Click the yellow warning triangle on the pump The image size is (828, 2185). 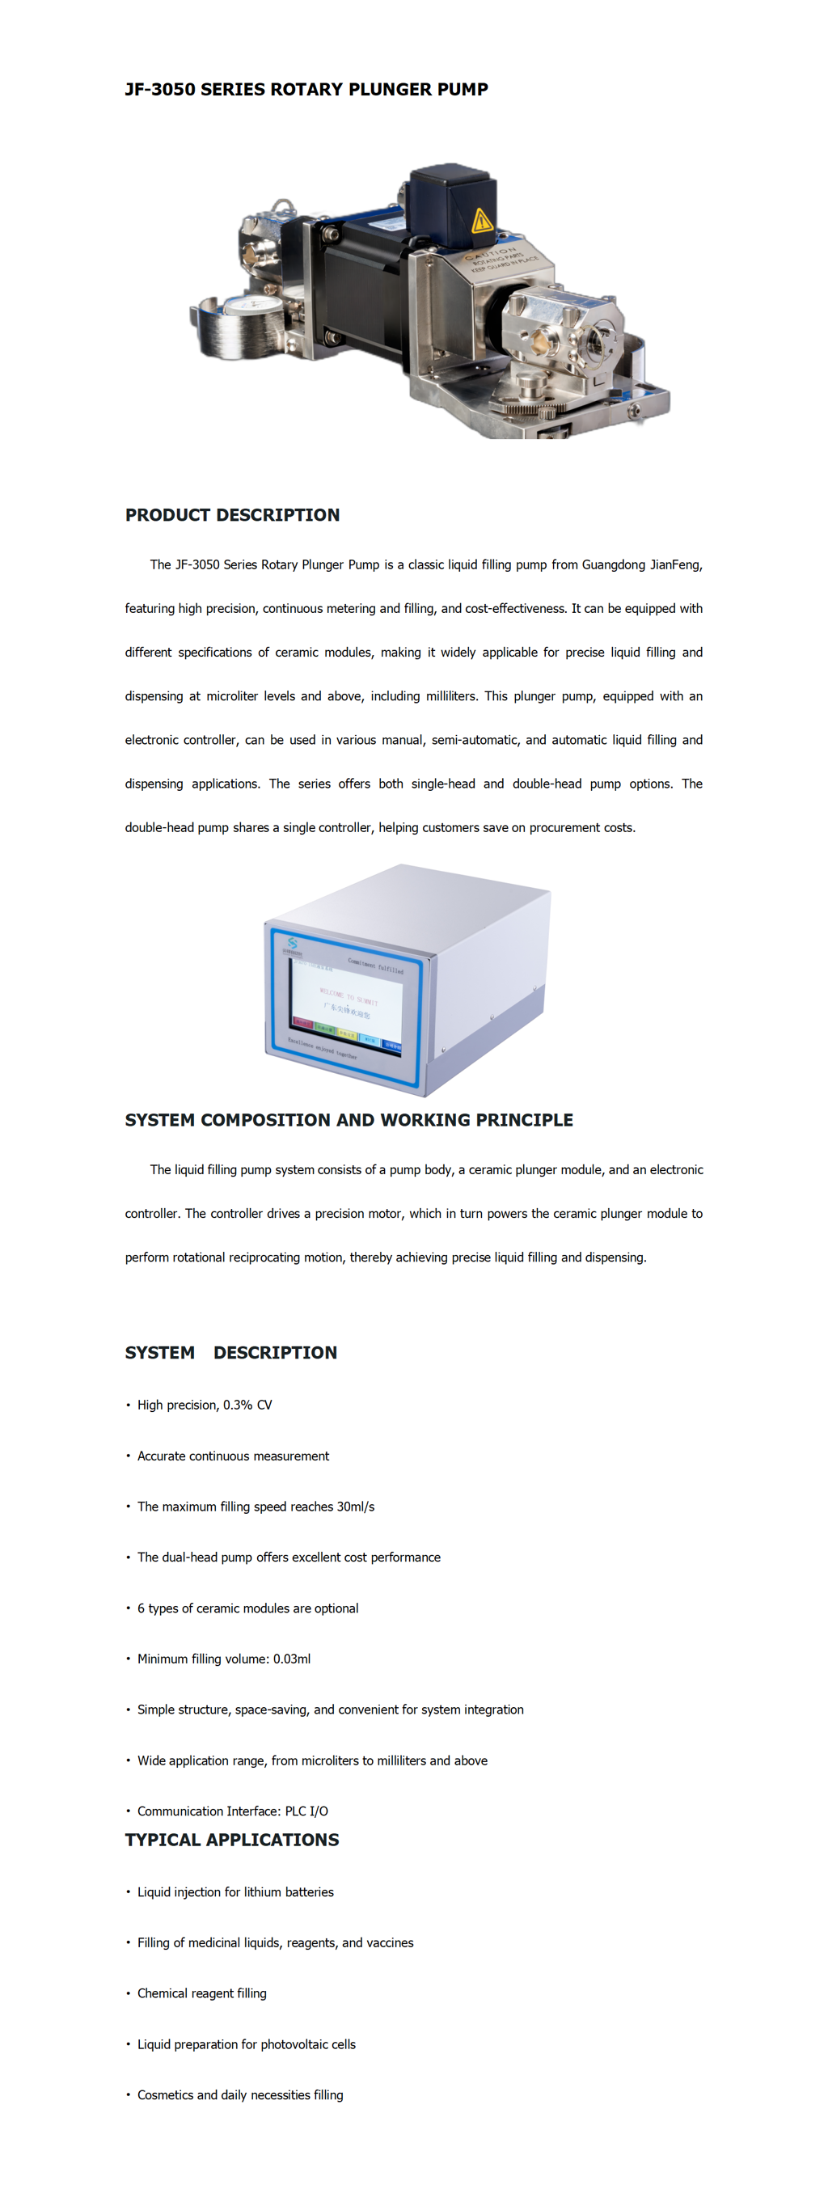pyautogui.click(x=481, y=221)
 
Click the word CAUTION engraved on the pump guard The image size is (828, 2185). pyautogui.click(x=489, y=254)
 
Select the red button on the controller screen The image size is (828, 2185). pyautogui.click(x=303, y=1023)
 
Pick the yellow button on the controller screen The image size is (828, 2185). pyautogui.click(x=347, y=1034)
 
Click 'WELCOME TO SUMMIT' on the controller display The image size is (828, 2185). pyautogui.click(x=348, y=995)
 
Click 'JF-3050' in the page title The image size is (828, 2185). pyautogui.click(x=159, y=89)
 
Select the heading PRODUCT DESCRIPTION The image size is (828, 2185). pyautogui.click(x=231, y=515)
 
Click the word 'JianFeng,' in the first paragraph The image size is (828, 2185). pyautogui.click(x=675, y=565)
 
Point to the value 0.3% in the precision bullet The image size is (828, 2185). pyautogui.click(x=238, y=1405)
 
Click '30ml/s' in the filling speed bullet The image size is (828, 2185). pyautogui.click(x=356, y=1507)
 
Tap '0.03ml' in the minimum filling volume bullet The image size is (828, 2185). pyautogui.click(x=291, y=1659)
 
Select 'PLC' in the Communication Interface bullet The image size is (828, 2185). pyautogui.click(x=295, y=1811)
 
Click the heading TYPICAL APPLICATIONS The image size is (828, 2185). pyautogui.click(x=231, y=1840)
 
